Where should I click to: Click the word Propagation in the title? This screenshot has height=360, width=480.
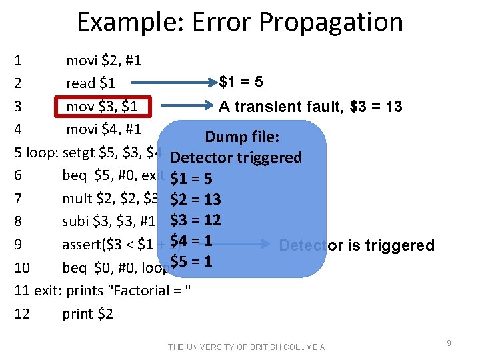click(x=331, y=22)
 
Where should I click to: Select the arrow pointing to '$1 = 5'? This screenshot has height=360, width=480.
click(x=175, y=83)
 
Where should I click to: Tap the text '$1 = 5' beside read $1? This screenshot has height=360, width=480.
click(x=241, y=83)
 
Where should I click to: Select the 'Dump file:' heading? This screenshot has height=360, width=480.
click(x=242, y=137)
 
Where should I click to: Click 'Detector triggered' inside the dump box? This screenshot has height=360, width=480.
click(x=236, y=158)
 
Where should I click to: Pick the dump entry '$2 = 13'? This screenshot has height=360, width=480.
click(x=195, y=199)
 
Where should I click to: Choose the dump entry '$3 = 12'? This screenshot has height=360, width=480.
click(x=195, y=220)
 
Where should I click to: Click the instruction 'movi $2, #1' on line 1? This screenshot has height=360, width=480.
click(x=103, y=61)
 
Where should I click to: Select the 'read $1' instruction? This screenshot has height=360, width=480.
click(x=91, y=83)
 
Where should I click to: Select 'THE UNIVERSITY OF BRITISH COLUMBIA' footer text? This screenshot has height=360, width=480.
click(x=247, y=347)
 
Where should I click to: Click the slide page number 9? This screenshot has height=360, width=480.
click(x=449, y=343)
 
